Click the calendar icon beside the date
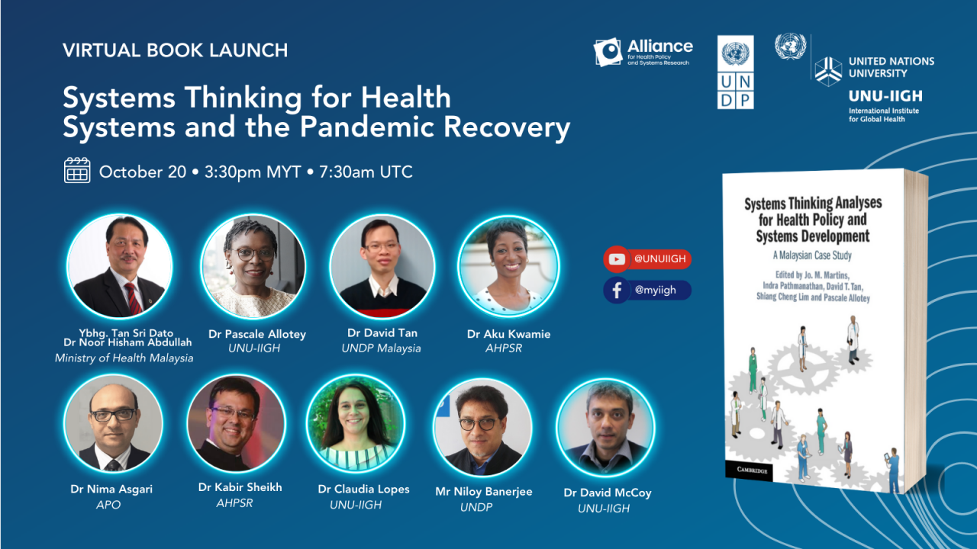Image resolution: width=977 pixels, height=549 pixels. pyautogui.click(x=77, y=170)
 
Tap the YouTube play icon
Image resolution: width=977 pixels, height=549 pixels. pyautogui.click(x=616, y=260)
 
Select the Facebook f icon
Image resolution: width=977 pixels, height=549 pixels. pyautogui.click(x=617, y=291)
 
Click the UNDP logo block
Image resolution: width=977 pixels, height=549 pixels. pyautogui.click(x=735, y=72)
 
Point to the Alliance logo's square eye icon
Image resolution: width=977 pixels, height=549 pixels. pyautogui.click(x=608, y=52)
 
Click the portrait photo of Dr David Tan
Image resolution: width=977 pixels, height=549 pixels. pyautogui.click(x=382, y=266)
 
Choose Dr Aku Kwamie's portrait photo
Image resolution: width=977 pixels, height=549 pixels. pyautogui.click(x=508, y=266)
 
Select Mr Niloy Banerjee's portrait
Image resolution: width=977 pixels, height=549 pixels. pyautogui.click(x=482, y=426)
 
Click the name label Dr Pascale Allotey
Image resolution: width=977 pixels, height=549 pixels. pyautogui.click(x=257, y=334)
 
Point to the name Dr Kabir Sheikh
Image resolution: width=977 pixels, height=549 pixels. pyautogui.click(x=240, y=487)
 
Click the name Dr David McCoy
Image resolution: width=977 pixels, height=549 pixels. pyautogui.click(x=607, y=493)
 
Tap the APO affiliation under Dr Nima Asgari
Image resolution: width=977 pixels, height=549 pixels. pyautogui.click(x=108, y=505)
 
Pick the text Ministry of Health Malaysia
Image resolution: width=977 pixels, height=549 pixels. pyautogui.click(x=124, y=358)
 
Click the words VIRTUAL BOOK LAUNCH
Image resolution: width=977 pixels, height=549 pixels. pyautogui.click(x=176, y=50)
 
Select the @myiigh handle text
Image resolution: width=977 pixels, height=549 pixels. pyautogui.click(x=655, y=291)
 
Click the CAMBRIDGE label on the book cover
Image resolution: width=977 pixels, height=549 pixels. pyautogui.click(x=752, y=470)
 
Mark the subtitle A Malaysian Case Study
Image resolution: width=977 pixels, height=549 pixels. pyautogui.click(x=812, y=255)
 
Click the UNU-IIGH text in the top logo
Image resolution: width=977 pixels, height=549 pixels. pyautogui.click(x=885, y=96)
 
